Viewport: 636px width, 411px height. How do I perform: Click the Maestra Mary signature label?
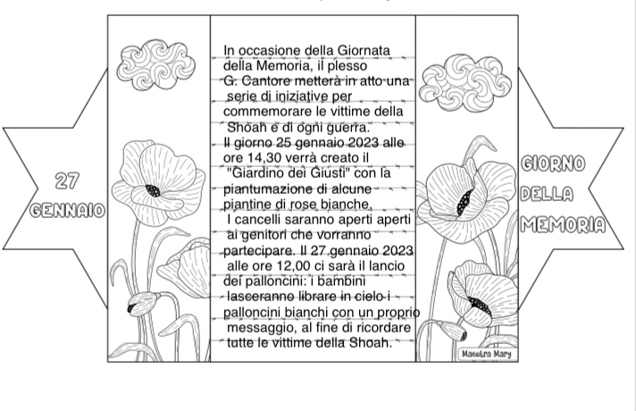tap(484, 355)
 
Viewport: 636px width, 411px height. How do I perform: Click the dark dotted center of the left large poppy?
tap(153, 191)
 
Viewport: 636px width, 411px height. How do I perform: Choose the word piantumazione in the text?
tap(265, 189)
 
